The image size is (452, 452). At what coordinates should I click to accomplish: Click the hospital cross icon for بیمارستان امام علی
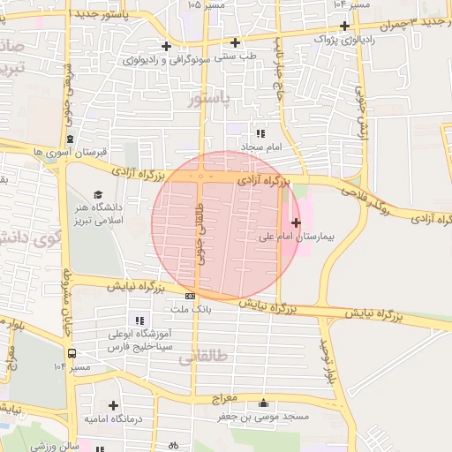pyautogui.click(x=295, y=222)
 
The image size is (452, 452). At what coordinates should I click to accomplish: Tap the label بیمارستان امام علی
pyautogui.click(x=293, y=237)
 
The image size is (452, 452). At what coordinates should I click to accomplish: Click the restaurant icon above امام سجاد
pyautogui.click(x=260, y=132)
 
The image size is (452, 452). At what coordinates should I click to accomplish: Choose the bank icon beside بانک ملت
pyautogui.click(x=191, y=296)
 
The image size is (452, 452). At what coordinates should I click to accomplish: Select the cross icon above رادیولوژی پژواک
pyautogui.click(x=343, y=26)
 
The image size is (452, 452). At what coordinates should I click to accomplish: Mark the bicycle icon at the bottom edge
pyautogui.click(x=172, y=446)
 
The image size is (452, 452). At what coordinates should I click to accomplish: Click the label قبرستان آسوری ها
pyautogui.click(x=63, y=152)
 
